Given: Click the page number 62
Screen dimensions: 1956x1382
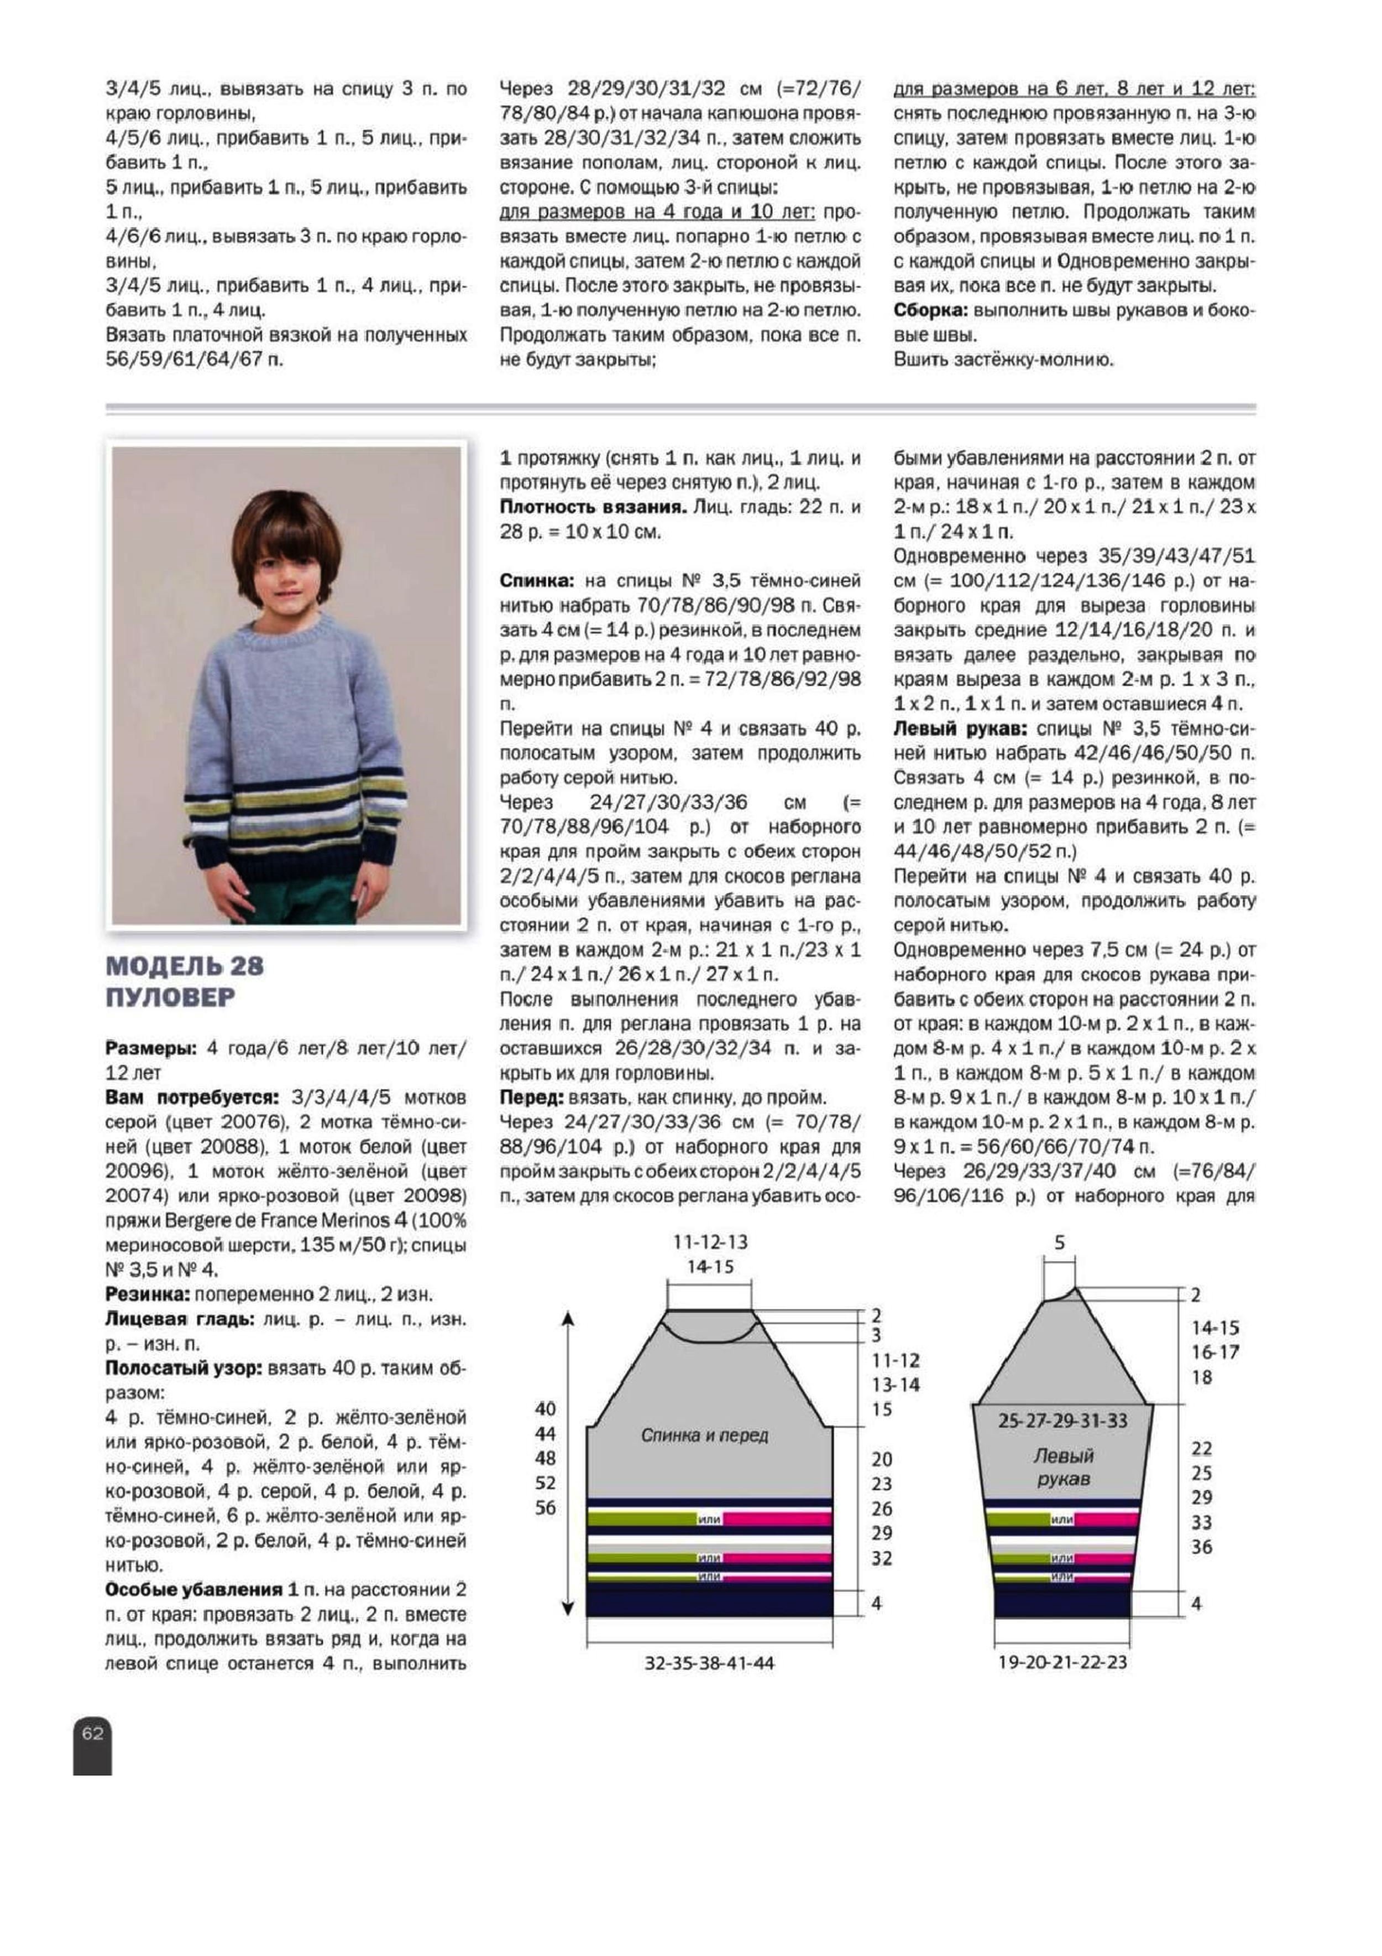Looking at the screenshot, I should [92, 1733].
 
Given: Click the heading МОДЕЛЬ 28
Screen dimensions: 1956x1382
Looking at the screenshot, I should [185, 965].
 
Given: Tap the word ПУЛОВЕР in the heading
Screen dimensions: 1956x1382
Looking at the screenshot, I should [170, 997].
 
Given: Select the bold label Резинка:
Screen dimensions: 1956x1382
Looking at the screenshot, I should [147, 1295].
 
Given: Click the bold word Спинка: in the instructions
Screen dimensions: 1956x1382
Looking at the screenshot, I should [536, 581].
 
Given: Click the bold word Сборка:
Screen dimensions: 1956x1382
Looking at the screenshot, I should [931, 310].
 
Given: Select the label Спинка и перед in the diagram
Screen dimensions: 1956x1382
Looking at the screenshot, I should [704, 1435].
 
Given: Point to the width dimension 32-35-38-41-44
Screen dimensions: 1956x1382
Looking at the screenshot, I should [709, 1663].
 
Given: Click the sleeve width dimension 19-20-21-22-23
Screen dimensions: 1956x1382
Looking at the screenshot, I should [1062, 1662].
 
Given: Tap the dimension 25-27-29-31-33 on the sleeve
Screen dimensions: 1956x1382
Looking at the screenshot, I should [1062, 1421].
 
